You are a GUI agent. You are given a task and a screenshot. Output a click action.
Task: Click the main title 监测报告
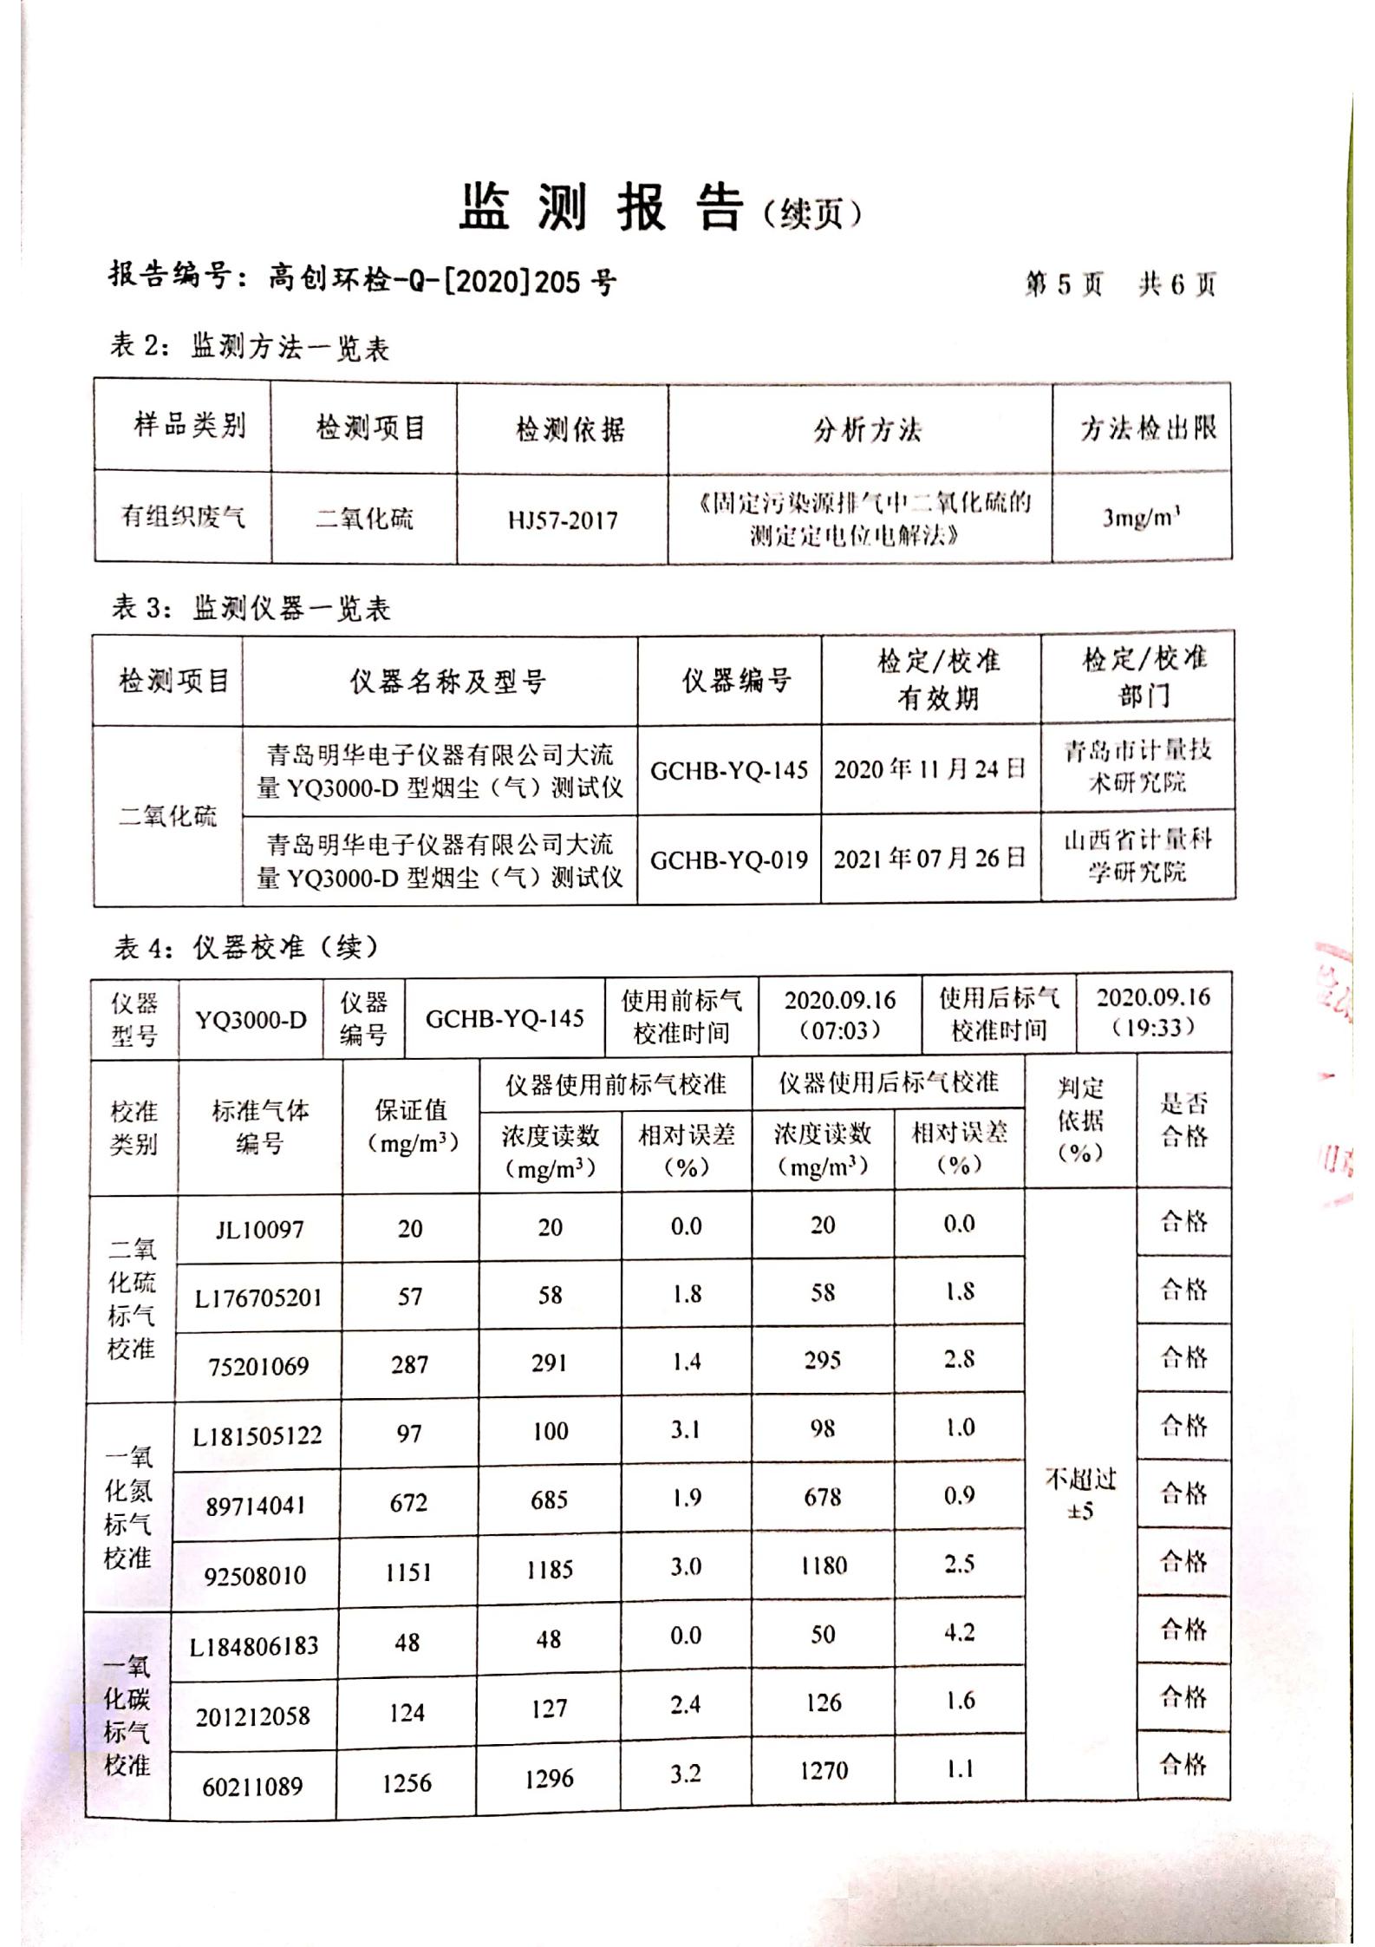tap(600, 209)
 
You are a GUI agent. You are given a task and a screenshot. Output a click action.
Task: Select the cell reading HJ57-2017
tap(563, 520)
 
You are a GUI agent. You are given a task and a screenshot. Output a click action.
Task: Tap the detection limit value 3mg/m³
tap(1141, 518)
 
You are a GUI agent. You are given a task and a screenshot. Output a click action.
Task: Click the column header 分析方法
tap(866, 429)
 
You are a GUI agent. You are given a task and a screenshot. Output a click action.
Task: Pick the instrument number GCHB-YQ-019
tap(728, 860)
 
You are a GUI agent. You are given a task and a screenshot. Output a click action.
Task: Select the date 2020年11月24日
tap(929, 769)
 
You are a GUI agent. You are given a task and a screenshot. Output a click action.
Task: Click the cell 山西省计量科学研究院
tap(1137, 855)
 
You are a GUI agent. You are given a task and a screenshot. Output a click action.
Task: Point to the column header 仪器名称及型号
tap(447, 682)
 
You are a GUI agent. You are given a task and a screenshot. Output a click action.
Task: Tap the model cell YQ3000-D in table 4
tap(251, 1019)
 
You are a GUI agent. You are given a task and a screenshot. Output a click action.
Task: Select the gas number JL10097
tap(259, 1229)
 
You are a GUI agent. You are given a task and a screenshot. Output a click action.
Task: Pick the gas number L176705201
tap(257, 1297)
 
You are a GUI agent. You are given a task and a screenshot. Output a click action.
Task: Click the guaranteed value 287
tap(409, 1365)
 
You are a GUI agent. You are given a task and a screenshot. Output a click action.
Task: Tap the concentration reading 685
tap(549, 1499)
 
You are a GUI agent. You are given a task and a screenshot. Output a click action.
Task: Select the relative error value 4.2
tap(959, 1632)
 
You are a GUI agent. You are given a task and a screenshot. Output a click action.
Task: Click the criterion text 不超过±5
tap(1080, 1494)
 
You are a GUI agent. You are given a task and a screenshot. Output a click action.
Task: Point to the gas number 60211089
tap(253, 1787)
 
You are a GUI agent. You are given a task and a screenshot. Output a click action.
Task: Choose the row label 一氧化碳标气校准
tap(127, 1715)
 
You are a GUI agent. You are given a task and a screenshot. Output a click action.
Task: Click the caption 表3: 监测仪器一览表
tap(251, 608)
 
